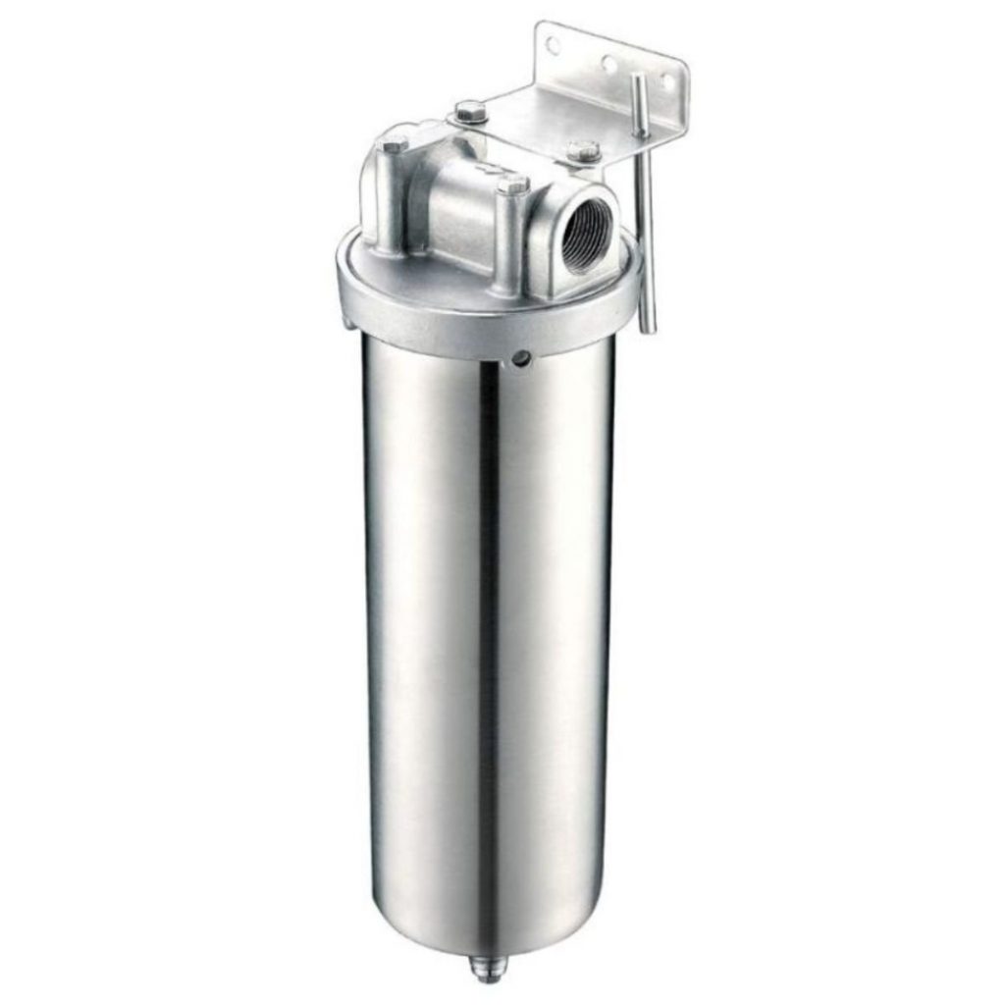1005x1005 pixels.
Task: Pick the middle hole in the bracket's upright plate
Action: point(610,65)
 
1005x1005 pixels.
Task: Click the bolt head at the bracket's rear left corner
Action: point(469,110)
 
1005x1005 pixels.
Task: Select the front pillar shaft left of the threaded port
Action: point(510,240)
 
